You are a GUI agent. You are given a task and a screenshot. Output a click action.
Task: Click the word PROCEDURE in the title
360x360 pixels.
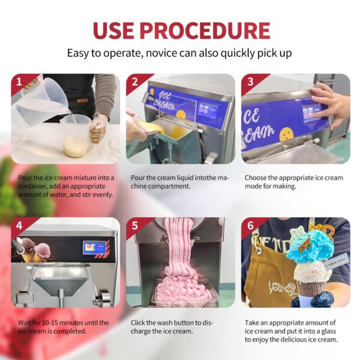coord(205,31)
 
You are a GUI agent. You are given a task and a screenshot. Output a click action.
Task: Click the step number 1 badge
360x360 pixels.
coord(19,81)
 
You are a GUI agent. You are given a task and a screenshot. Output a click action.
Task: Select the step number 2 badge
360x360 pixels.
coord(135,81)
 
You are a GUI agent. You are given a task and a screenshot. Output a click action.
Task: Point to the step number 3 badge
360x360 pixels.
coord(250,81)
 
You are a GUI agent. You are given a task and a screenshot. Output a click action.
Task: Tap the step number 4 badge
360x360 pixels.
coord(19,226)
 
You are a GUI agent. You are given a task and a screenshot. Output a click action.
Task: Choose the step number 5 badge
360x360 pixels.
coord(135,226)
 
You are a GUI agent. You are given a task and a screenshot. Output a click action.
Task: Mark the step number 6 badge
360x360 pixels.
coord(250,226)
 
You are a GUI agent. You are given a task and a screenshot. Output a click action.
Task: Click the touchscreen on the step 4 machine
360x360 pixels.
coord(95,247)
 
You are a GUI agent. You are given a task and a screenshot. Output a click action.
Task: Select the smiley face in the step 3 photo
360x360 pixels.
coord(287,134)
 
